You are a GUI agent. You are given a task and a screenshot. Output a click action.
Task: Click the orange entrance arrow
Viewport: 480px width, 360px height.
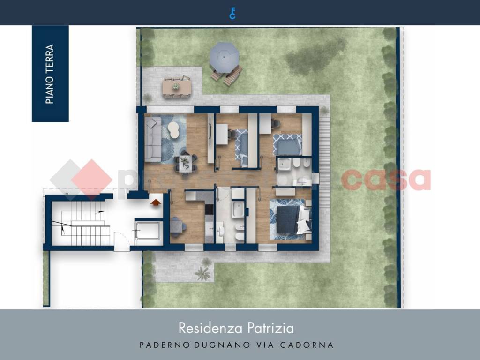pyautogui.click(x=156, y=202)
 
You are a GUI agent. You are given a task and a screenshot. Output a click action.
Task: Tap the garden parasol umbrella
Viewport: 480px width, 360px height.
pyautogui.click(x=224, y=56)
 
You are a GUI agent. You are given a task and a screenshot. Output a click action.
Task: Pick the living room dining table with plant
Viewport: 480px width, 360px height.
pyautogui.click(x=184, y=163)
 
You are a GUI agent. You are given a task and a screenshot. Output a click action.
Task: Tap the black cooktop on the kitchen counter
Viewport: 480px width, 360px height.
pyautogui.click(x=209, y=210)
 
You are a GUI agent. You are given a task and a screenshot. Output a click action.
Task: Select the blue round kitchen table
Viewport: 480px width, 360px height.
pyautogui.click(x=176, y=225)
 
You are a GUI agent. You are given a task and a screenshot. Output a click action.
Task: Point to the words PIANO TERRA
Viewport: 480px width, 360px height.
pyautogui.click(x=50, y=74)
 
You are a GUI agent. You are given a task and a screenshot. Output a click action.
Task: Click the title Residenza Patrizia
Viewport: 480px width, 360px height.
pyautogui.click(x=236, y=328)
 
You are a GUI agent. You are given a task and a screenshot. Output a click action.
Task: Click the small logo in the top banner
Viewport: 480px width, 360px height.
pyautogui.click(x=232, y=13)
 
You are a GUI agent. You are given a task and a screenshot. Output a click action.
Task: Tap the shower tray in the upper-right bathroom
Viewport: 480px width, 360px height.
pyautogui.click(x=285, y=165)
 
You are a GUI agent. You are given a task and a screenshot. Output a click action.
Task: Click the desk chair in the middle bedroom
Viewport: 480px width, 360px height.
pyautogui.click(x=233, y=133)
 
